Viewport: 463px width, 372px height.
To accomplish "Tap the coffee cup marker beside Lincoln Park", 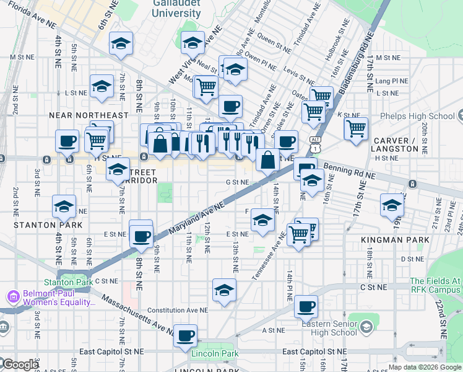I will coord(185,336).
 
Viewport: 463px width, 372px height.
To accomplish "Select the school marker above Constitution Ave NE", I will coord(224,290).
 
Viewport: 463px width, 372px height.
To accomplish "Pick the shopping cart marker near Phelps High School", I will coord(356,128).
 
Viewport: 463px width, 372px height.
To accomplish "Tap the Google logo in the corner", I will coord(20,365).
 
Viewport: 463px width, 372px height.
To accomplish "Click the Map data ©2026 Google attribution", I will coord(424,367).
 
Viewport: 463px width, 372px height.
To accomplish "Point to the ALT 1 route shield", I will coord(316,145).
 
